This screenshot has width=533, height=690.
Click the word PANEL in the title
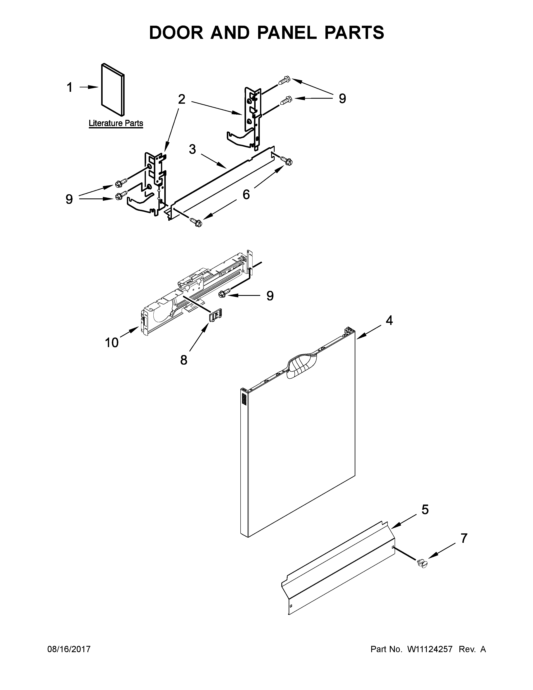coord(287,33)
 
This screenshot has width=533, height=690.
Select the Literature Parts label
coord(116,123)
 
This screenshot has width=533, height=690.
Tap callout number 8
coord(184,360)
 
